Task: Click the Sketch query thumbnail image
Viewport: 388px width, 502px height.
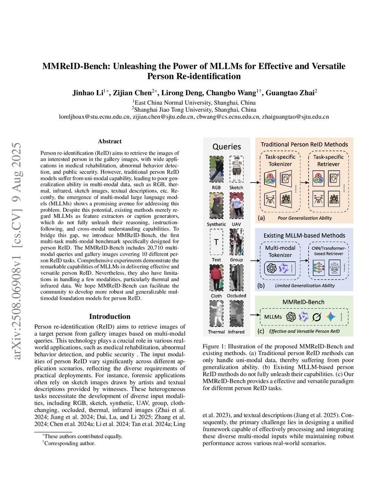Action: (236, 169)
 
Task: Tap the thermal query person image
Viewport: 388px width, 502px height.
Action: (216, 314)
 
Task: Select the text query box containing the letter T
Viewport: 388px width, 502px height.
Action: (216, 242)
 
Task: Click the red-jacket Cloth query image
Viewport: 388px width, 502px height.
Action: (216, 278)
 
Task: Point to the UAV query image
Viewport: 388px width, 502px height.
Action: (236, 206)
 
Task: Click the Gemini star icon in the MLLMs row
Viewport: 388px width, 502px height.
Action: (331, 317)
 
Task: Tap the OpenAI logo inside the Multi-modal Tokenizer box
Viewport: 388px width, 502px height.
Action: (272, 268)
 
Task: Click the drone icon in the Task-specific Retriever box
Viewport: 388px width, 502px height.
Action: (318, 199)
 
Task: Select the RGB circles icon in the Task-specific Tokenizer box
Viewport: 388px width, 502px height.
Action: (270, 178)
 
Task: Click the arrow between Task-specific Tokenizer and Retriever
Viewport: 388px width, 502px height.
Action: (304, 181)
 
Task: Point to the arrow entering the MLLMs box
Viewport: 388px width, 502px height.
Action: (255, 315)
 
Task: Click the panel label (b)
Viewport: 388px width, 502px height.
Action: (261, 286)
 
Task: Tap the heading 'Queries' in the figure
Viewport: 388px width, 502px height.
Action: (227, 147)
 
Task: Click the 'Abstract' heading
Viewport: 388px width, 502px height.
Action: (110, 141)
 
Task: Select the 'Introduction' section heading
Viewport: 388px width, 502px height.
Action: (110, 316)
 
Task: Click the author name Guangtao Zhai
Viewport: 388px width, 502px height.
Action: (290, 93)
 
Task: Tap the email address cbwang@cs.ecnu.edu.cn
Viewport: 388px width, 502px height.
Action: (228, 117)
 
